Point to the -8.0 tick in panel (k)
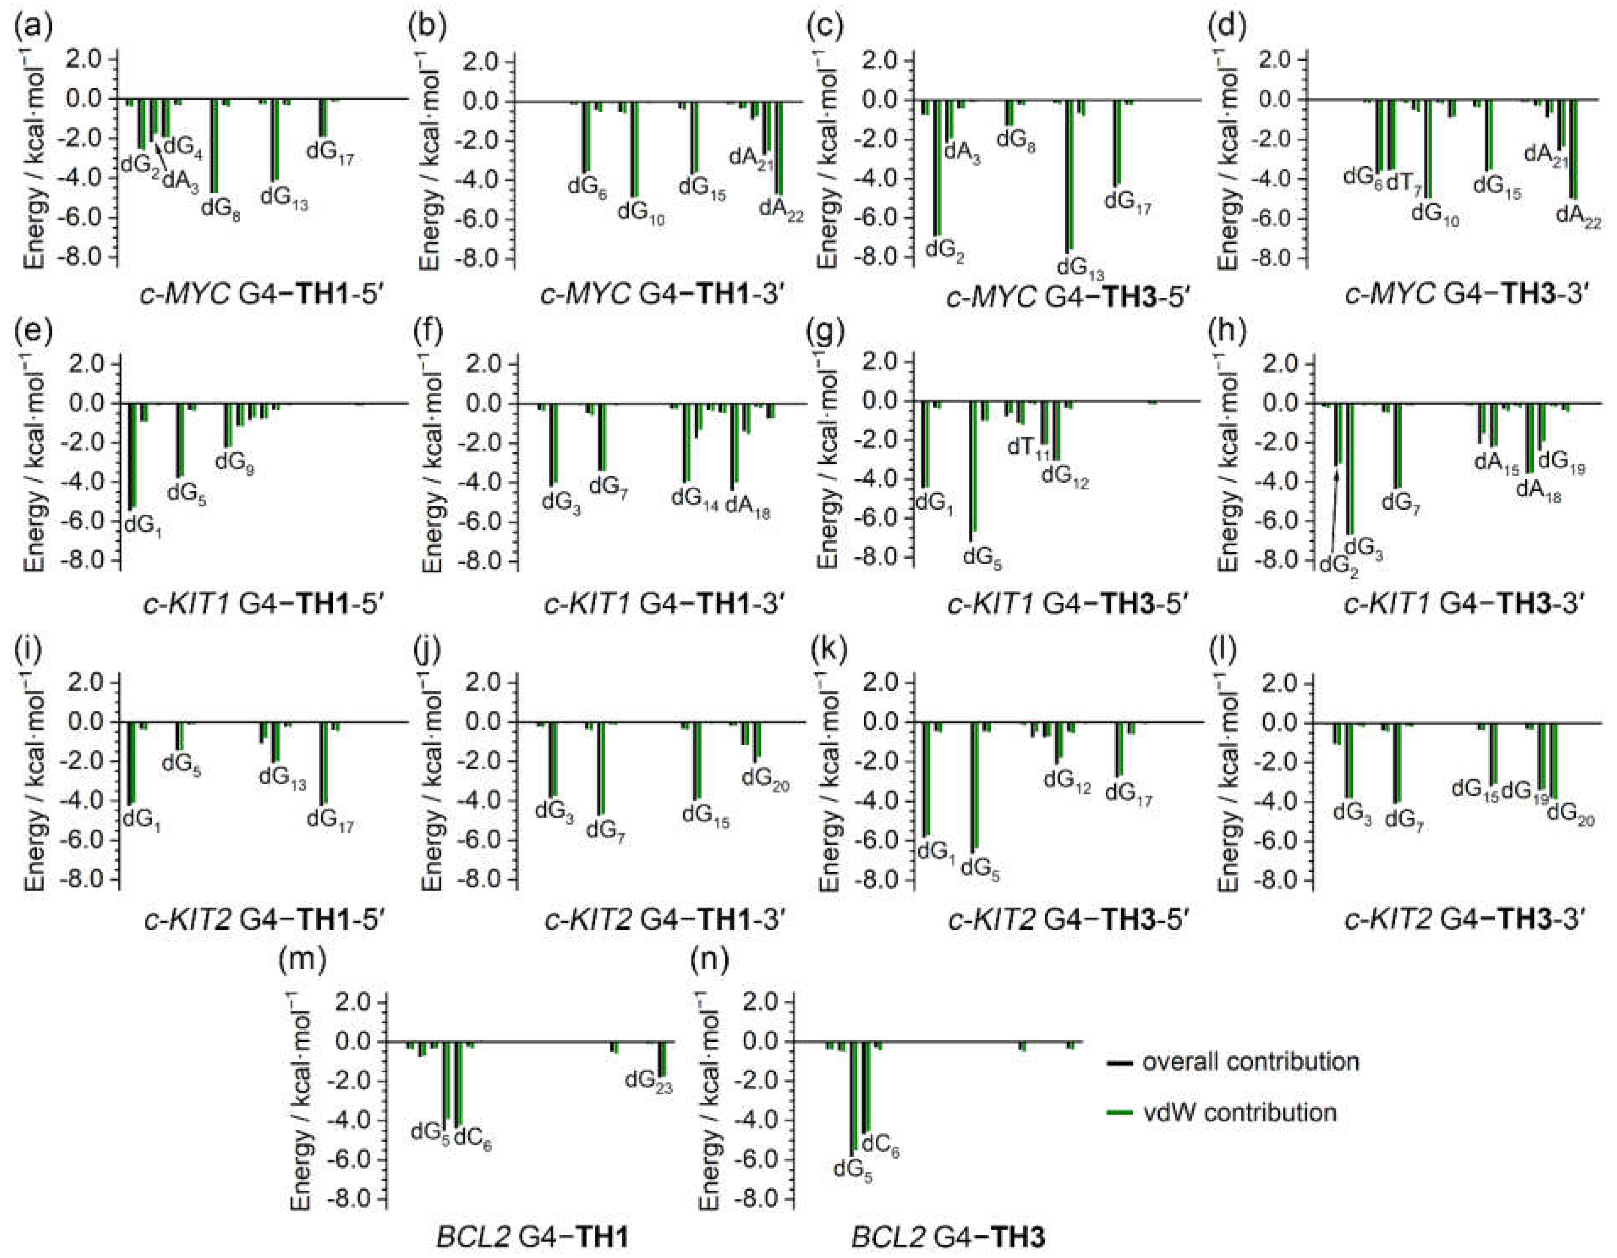883,880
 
